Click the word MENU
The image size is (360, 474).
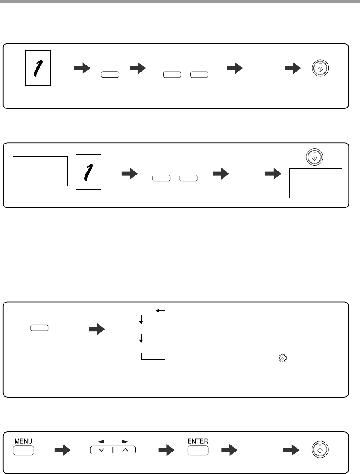23,441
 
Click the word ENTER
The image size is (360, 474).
198,441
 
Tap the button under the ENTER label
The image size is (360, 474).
198,450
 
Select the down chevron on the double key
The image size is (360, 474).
101,450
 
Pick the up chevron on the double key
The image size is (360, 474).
125,450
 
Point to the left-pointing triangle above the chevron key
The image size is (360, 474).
101,442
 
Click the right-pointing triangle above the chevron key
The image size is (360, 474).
125,442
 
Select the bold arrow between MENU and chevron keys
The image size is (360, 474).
63,450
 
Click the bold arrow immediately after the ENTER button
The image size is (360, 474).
229,450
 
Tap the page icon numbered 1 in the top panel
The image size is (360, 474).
38,68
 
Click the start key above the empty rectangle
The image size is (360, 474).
314,157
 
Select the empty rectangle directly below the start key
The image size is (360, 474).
315,184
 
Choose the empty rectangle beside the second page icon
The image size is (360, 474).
40,171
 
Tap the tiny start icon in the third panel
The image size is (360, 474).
283,358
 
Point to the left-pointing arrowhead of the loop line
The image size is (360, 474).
157,310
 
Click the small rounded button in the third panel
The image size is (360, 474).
39,328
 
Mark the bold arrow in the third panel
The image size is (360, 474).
97,329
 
